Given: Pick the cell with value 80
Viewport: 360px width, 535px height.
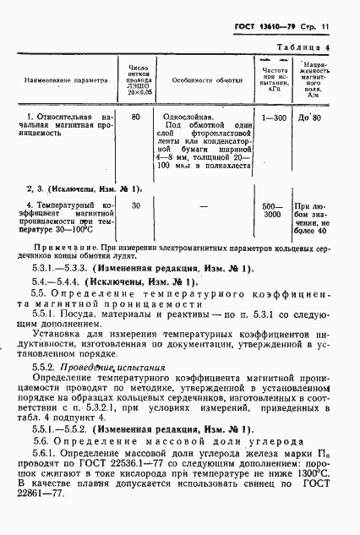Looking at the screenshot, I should (136, 114).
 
